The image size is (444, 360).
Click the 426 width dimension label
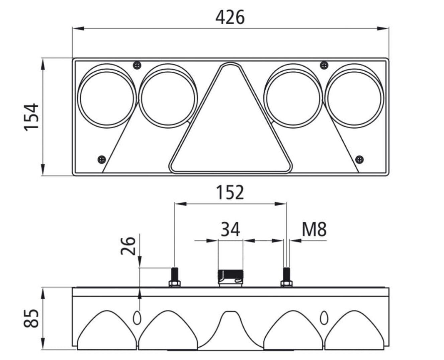tap(230, 17)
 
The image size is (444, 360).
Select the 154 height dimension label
tap(32, 117)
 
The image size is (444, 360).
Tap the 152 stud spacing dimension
tap(230, 193)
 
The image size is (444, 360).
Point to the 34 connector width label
tap(230, 230)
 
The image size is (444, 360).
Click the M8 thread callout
tap(314, 230)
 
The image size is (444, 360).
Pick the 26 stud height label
tap(128, 246)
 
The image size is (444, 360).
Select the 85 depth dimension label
tap(32, 318)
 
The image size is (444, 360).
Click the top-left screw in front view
tap(137, 65)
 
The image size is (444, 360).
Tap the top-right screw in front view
tap(324, 65)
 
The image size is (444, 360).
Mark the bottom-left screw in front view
tap(102, 159)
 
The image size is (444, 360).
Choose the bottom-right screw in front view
tap(359, 159)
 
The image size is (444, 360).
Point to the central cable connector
tap(230, 278)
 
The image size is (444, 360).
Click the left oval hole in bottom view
tap(137, 318)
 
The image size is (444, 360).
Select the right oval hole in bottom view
tap(324, 318)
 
